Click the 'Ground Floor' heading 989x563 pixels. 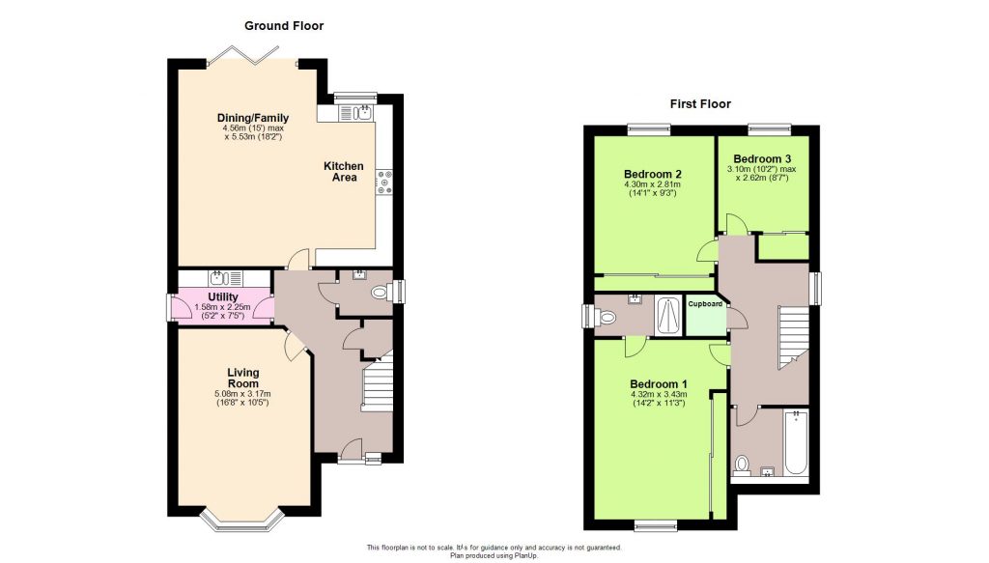(x=284, y=26)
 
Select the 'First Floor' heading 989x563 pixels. (x=701, y=104)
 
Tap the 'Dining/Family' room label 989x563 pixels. (x=252, y=119)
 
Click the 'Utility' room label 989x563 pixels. (x=222, y=296)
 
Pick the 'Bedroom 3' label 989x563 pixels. (x=762, y=159)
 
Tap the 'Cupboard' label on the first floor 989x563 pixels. (x=705, y=304)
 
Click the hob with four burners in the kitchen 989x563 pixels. (x=383, y=183)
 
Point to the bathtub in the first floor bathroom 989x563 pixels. (x=795, y=443)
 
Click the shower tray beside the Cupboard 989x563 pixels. (x=666, y=315)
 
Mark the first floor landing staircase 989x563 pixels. (x=794, y=337)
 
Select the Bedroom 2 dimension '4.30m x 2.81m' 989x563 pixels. (x=652, y=184)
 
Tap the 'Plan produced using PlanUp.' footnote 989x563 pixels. (x=494, y=556)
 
